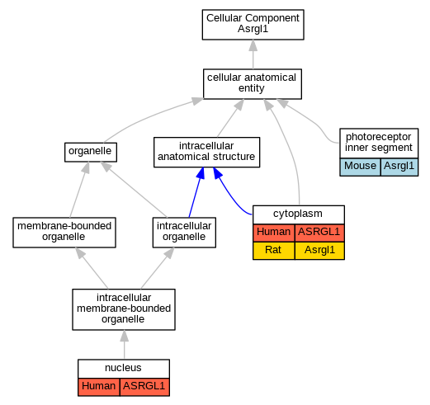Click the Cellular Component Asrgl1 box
[x=253, y=25]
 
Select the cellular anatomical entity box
[x=253, y=84]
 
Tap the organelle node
[x=91, y=152]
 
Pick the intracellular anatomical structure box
[x=206, y=152]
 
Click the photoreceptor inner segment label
[x=379, y=143]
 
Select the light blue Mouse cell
[x=360, y=167]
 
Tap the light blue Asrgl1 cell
[x=399, y=167]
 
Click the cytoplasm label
[x=299, y=214]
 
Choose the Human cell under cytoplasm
[x=274, y=233]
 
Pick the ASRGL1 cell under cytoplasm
[x=319, y=233]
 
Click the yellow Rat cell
[x=274, y=251]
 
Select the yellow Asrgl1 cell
[x=319, y=251]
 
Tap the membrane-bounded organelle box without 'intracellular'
[x=64, y=233]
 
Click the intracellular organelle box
[x=184, y=233]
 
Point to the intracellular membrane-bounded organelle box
[x=124, y=309]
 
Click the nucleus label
[x=124, y=368]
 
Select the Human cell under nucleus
[x=99, y=387]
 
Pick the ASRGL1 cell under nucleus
[x=144, y=387]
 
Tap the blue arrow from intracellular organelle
[x=196, y=192]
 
